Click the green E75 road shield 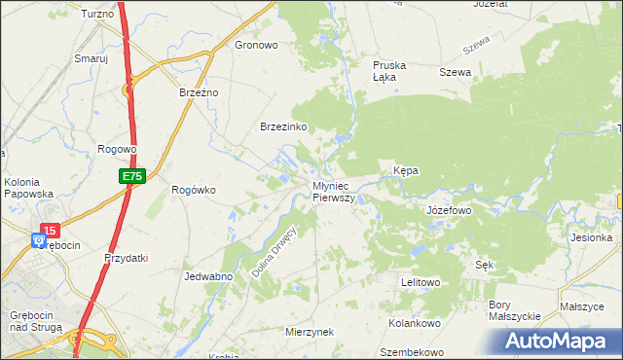133,176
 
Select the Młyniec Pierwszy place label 334,191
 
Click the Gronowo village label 257,45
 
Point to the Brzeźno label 200,91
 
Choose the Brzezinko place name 283,127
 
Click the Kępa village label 405,170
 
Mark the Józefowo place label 449,209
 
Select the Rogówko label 193,190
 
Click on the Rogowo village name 117,149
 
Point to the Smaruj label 91,58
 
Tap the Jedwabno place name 206,276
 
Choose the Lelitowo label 421,282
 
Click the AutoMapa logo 560,340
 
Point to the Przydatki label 126,258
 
